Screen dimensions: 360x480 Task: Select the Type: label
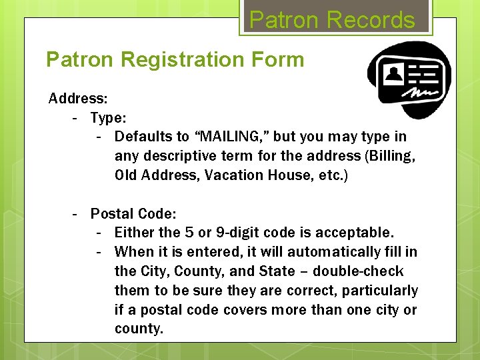tap(109, 118)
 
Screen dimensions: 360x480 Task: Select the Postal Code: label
tap(133, 214)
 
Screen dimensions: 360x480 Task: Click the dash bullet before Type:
tap(77, 118)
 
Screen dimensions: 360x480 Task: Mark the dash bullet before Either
tap(101, 233)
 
